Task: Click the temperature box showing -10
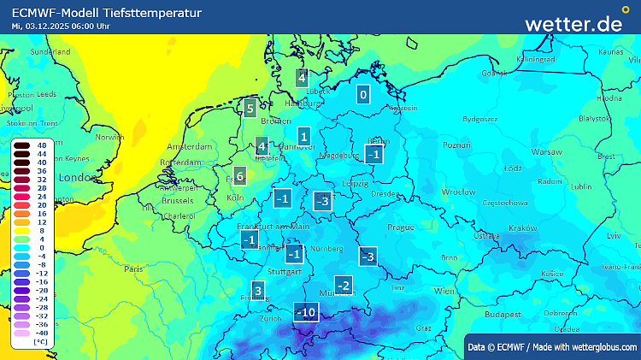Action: [306, 313]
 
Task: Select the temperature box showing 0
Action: [363, 95]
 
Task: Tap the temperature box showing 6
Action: [239, 177]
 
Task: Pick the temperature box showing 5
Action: [250, 109]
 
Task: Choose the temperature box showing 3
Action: [258, 289]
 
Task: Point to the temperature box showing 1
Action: [303, 136]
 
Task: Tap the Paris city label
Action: [133, 269]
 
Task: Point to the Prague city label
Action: [400, 227]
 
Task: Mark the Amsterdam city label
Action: [189, 147]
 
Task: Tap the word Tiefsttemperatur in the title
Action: [159, 13]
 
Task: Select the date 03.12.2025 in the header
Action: [54, 26]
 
